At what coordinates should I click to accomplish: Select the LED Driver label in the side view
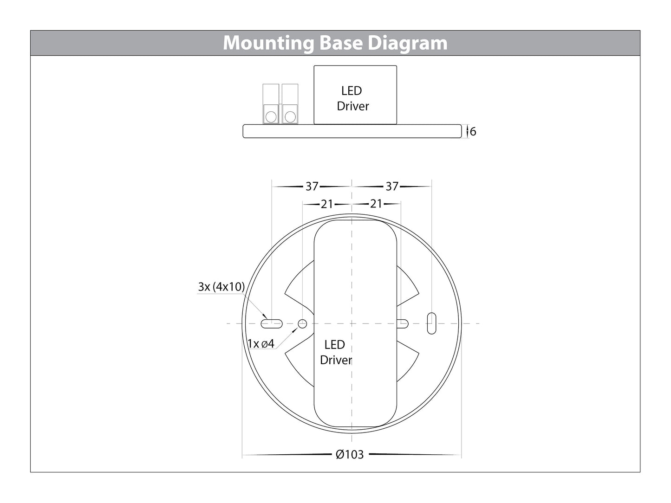(352, 98)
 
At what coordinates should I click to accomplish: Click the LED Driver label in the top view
(335, 352)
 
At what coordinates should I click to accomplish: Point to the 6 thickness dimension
(473, 132)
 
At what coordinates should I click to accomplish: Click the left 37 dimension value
(312, 186)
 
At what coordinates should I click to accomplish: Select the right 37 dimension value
(392, 186)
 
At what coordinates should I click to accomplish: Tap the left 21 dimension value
(327, 204)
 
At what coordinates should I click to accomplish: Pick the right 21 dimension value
(376, 204)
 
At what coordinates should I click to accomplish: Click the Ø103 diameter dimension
(350, 455)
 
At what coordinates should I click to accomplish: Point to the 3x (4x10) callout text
(221, 287)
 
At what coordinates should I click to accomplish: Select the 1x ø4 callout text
(261, 344)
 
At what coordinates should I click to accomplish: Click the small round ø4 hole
(302, 323)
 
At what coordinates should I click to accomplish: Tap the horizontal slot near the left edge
(272, 323)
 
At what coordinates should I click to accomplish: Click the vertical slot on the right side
(431, 323)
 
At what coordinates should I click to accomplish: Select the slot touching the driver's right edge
(403, 323)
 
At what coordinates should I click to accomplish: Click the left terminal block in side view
(271, 104)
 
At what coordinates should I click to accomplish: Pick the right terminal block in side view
(290, 104)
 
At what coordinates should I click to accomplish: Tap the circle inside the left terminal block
(271, 116)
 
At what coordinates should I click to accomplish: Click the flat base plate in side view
(352, 131)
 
